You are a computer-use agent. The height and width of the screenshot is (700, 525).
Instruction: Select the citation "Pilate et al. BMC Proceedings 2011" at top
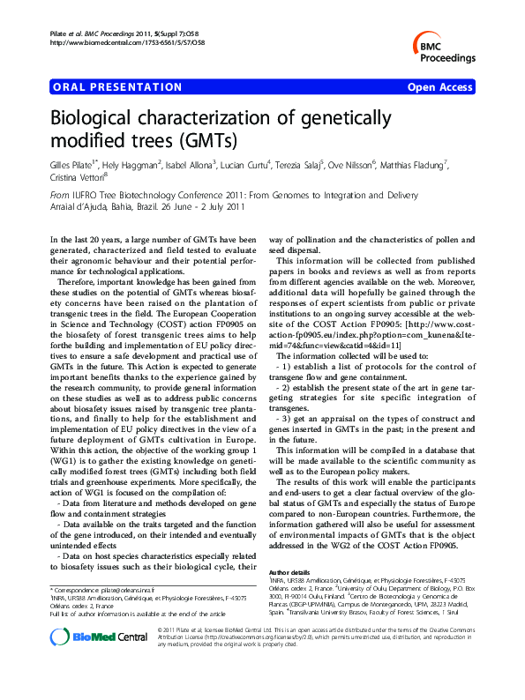[x=106, y=32]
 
